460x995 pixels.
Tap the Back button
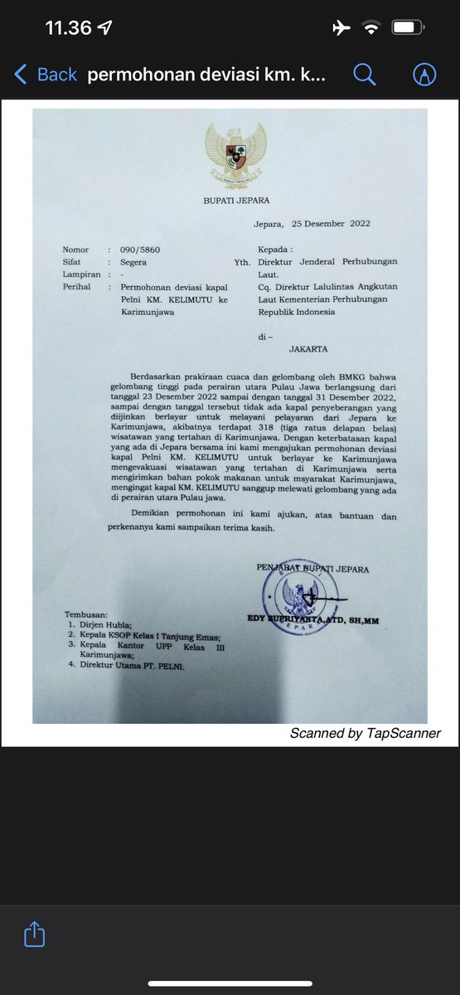click(46, 74)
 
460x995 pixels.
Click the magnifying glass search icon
click(364, 74)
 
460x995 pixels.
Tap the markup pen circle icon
click(424, 74)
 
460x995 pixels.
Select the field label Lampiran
click(81, 274)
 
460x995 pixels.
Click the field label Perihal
click(77, 287)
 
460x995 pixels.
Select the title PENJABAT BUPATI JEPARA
click(312, 569)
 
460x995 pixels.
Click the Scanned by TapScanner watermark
click(365, 733)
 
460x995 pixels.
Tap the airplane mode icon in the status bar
click(341, 28)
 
